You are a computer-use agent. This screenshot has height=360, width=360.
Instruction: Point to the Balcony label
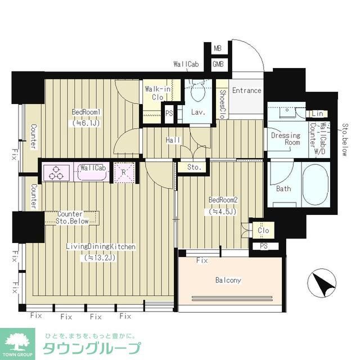228,280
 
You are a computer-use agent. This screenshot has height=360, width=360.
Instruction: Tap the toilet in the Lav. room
197,89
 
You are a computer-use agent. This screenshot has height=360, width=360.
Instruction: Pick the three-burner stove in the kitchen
56,172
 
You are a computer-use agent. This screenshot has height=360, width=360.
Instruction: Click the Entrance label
246,91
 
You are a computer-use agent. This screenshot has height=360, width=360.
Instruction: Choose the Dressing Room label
285,139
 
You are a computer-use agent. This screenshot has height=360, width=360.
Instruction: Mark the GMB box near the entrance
218,64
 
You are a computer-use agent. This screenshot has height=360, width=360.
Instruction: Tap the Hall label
172,139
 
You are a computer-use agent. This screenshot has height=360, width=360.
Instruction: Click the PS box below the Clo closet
263,245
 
